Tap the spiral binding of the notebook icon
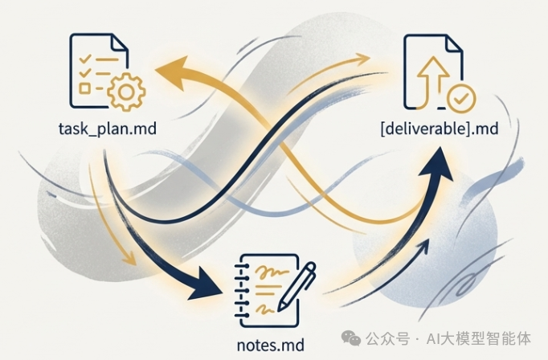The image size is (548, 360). pos(239,289)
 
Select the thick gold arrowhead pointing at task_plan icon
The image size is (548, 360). pos(167,74)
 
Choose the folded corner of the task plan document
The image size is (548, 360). pos(118,41)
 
